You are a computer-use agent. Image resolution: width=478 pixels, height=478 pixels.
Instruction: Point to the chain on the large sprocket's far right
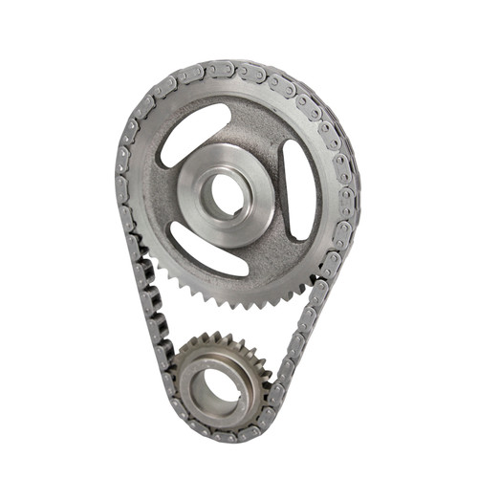click(348, 191)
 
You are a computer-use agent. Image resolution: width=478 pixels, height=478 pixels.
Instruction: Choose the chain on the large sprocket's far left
click(121, 182)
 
